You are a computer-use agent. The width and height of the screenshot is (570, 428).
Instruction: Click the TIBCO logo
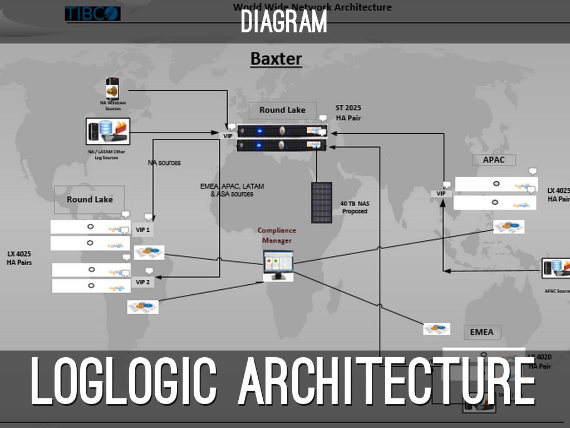click(92, 13)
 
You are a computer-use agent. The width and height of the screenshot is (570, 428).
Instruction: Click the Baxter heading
click(276, 59)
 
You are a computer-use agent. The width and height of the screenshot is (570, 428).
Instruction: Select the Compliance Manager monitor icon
click(278, 265)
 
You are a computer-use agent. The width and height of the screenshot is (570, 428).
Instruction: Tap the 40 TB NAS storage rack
click(322, 202)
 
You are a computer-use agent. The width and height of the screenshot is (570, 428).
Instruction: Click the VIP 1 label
click(143, 229)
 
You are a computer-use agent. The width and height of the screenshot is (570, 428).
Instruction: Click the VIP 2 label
click(143, 282)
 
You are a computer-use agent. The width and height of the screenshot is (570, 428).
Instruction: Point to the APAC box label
click(494, 160)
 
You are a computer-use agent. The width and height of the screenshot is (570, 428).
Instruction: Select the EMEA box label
click(481, 332)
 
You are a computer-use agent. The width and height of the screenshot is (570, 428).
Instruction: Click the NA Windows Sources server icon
click(114, 89)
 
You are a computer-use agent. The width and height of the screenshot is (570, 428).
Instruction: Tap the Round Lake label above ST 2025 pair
click(282, 110)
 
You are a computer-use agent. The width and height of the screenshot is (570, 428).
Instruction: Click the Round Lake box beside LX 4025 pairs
click(90, 200)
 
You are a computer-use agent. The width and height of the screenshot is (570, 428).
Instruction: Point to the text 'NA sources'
click(164, 163)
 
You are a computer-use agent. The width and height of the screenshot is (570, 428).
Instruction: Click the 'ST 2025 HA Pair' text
click(348, 113)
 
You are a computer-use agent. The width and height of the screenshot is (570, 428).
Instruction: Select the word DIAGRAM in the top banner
click(284, 22)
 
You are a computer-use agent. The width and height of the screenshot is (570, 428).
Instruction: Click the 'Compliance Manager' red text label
click(277, 235)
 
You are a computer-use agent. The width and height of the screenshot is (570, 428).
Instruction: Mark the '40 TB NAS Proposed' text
click(355, 207)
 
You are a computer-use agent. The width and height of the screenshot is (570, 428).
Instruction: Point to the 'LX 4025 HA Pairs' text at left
click(19, 257)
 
